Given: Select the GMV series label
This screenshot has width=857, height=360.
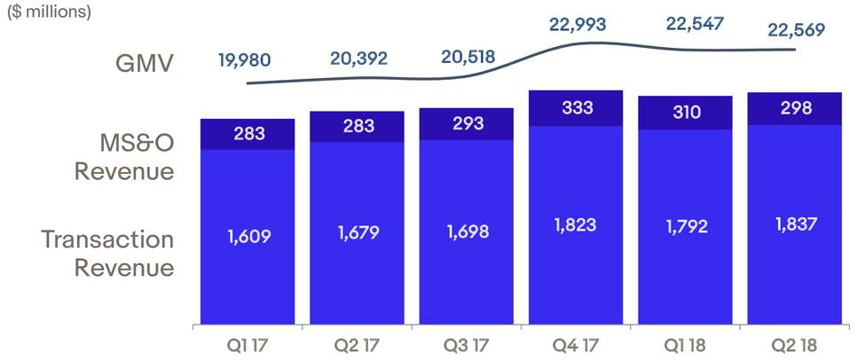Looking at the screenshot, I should click(x=145, y=63).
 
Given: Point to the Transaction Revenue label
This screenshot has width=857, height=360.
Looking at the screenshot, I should click(x=107, y=254).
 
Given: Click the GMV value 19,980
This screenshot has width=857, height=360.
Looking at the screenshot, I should click(x=244, y=60).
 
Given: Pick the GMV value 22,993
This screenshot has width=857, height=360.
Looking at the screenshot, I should click(x=578, y=25).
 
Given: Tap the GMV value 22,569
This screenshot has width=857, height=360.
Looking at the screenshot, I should click(x=795, y=29).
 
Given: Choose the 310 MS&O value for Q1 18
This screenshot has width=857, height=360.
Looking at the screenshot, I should click(x=686, y=113).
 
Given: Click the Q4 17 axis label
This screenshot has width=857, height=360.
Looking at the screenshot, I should click(x=577, y=342).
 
